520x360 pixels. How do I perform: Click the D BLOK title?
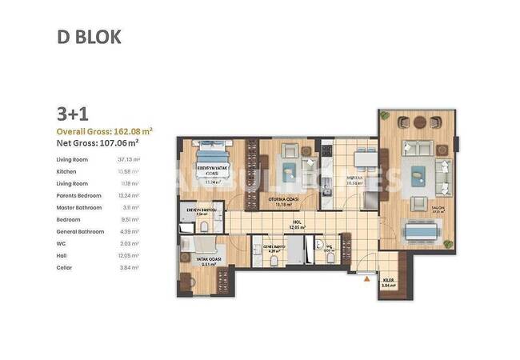[x=90, y=37]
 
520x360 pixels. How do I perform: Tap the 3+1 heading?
[x=72, y=114]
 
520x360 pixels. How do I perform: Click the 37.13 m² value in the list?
[x=129, y=159]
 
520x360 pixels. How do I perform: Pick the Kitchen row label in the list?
[x=66, y=171]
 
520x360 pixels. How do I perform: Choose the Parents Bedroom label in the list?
[x=78, y=195]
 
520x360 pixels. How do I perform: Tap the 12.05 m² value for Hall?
[x=129, y=255]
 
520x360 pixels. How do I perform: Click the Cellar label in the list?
[x=65, y=267]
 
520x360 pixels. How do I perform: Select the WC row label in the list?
[x=61, y=243]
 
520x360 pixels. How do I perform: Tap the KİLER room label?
[x=389, y=280]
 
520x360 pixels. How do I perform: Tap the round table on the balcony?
[x=419, y=122]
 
